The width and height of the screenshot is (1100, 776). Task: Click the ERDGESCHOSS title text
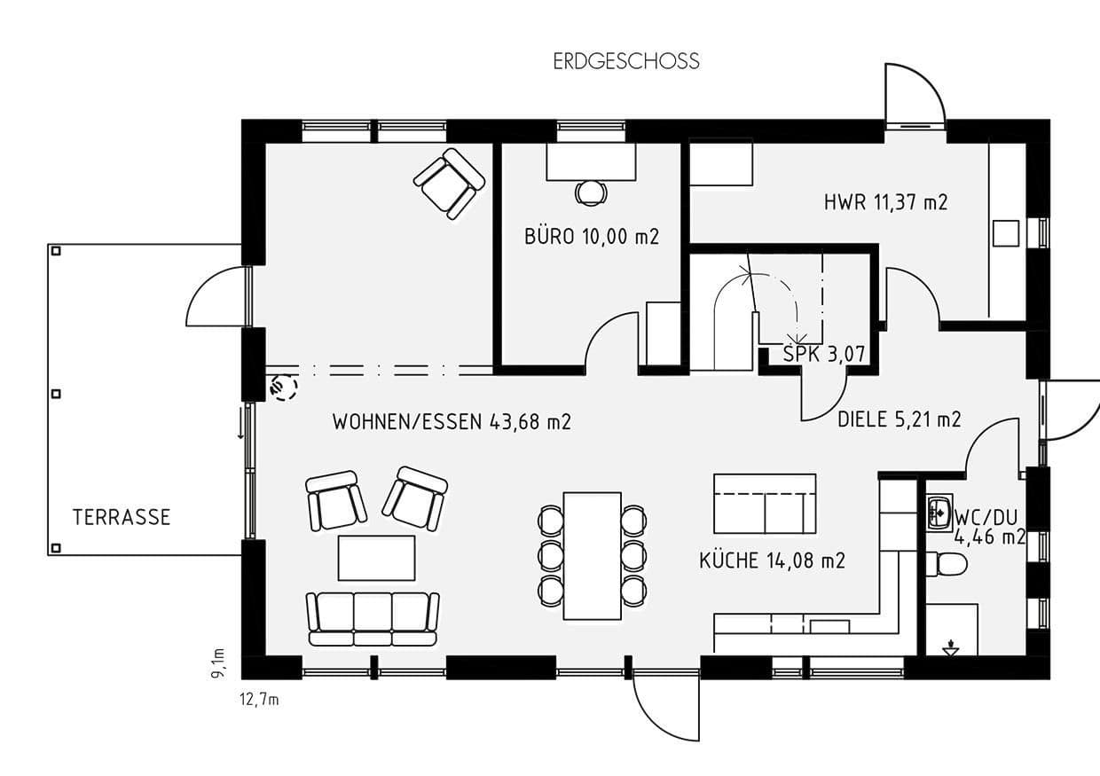pyautogui.click(x=626, y=61)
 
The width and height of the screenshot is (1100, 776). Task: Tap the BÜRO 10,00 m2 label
pyautogui.click(x=592, y=237)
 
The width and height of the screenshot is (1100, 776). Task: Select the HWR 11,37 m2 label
pyautogui.click(x=885, y=202)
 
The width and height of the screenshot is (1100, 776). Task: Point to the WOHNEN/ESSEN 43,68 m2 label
pyautogui.click(x=452, y=422)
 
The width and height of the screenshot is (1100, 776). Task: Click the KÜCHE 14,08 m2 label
pyautogui.click(x=772, y=560)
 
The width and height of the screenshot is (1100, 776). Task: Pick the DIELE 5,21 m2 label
pyautogui.click(x=899, y=419)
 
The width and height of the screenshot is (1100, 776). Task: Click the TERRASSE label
pyautogui.click(x=121, y=518)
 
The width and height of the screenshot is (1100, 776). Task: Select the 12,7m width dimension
pyautogui.click(x=260, y=700)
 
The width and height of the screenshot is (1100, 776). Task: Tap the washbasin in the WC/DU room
pyautogui.click(x=939, y=512)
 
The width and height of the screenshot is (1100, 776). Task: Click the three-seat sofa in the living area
pyautogui.click(x=373, y=618)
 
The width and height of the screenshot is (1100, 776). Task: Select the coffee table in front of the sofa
pyautogui.click(x=376, y=558)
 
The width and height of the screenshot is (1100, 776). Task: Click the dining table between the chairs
pyautogui.click(x=592, y=555)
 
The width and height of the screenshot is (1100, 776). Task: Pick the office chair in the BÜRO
pyautogui.click(x=590, y=192)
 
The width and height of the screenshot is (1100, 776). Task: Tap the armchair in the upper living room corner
pyautogui.click(x=449, y=183)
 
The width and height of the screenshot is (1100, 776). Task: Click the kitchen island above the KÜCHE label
pyautogui.click(x=764, y=503)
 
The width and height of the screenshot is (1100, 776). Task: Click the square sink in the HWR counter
pyautogui.click(x=1006, y=232)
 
